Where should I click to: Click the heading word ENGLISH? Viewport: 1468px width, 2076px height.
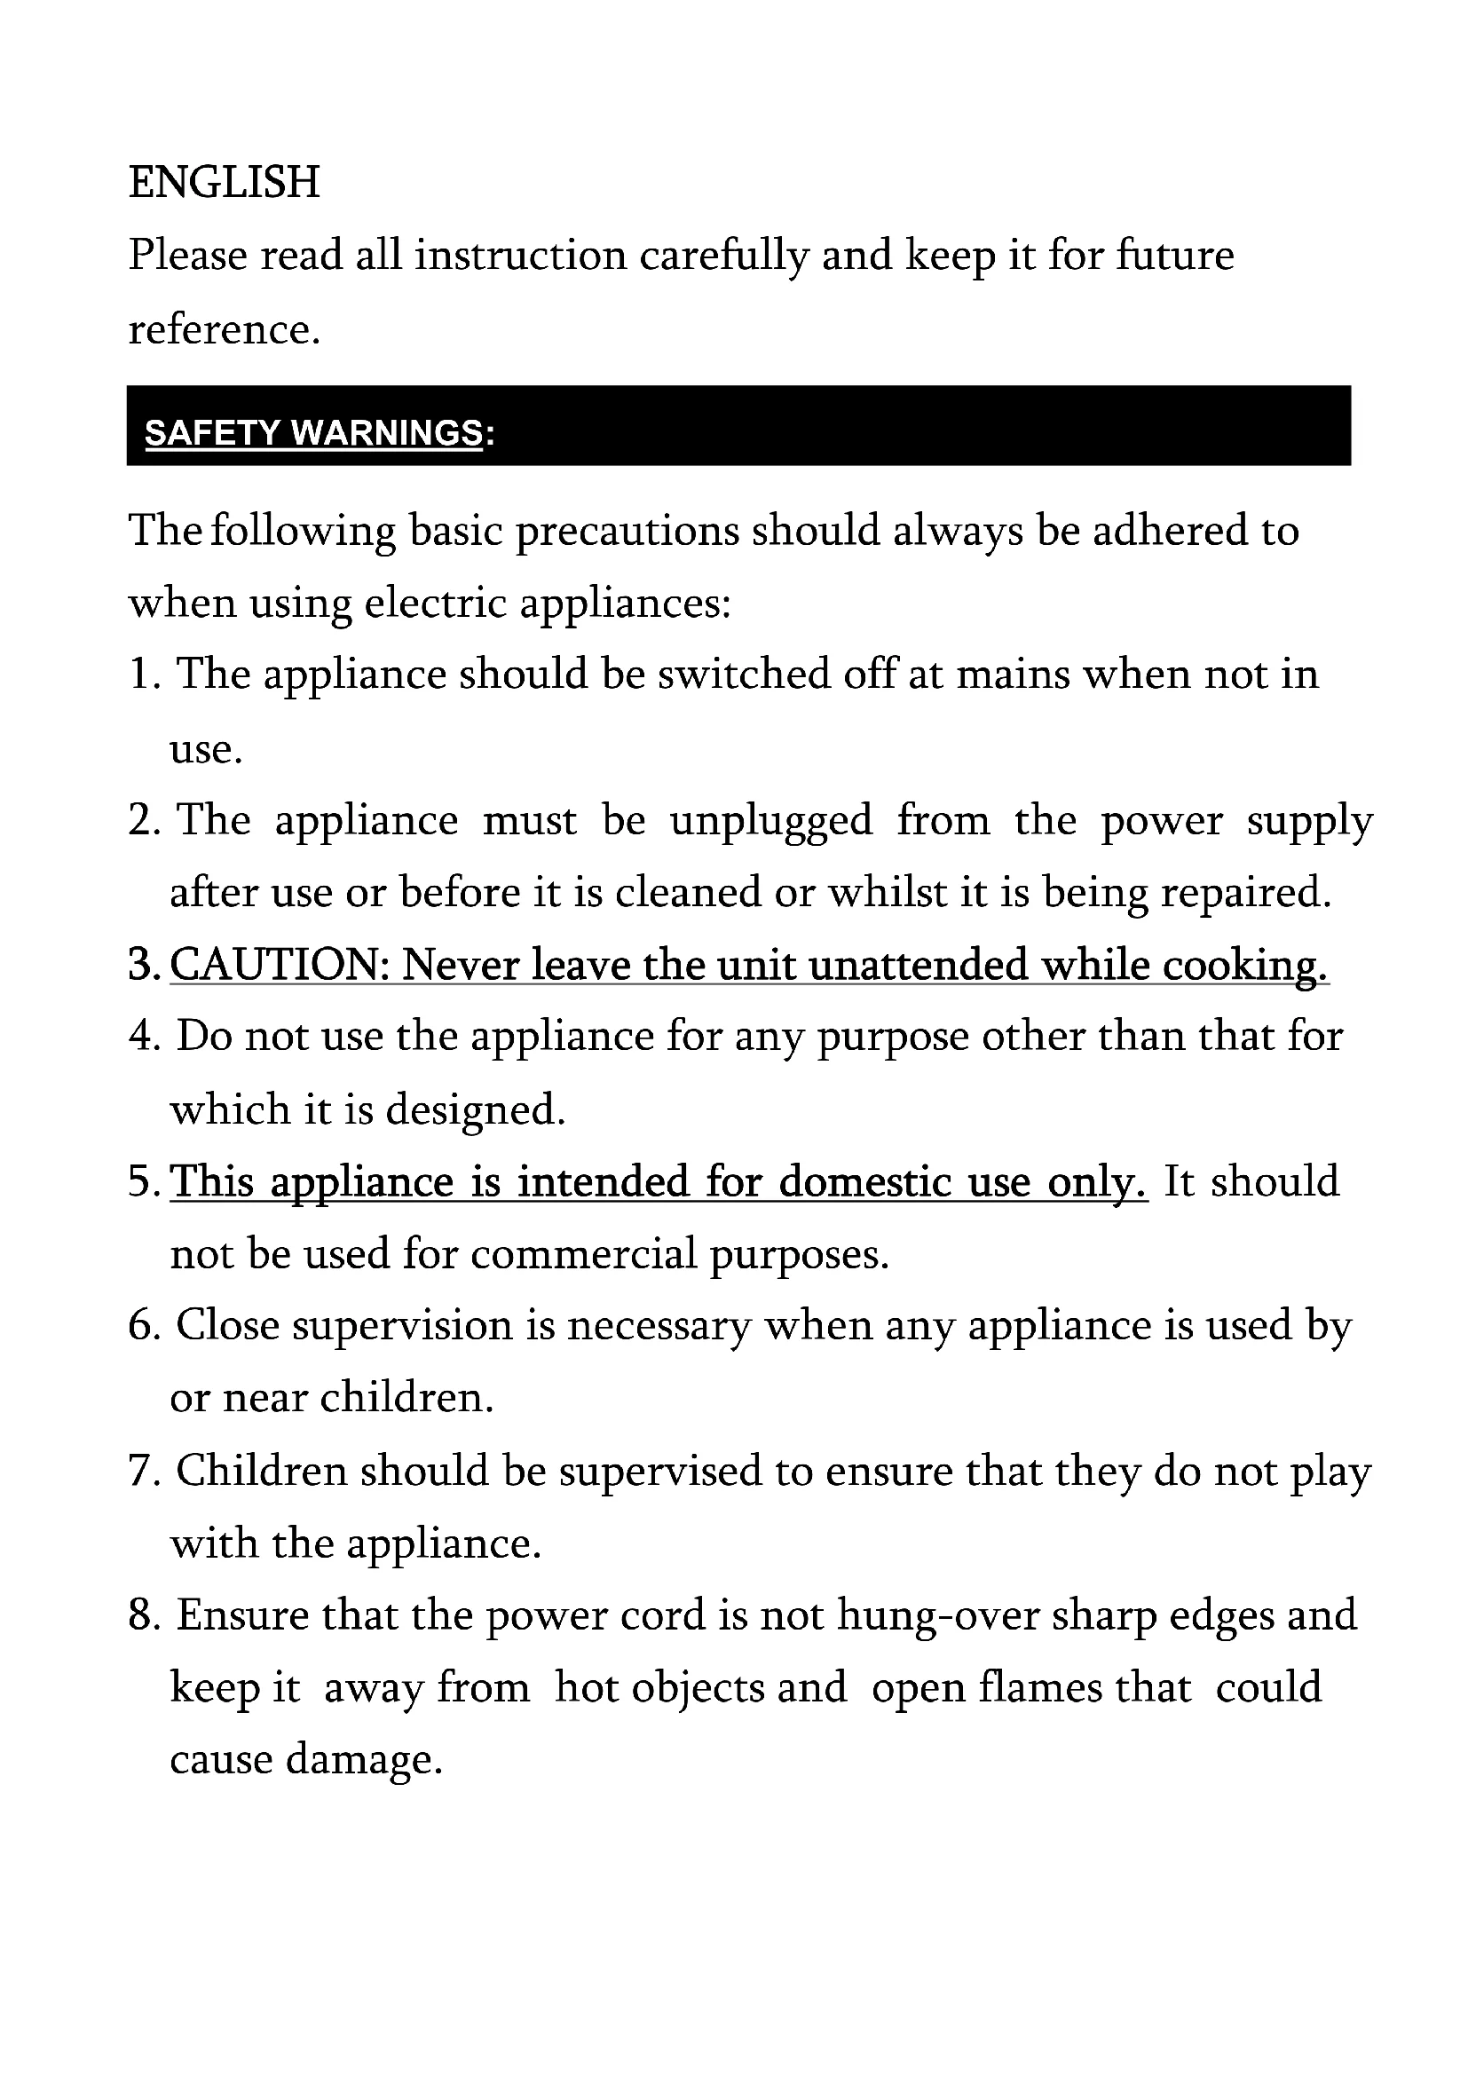pyautogui.click(x=225, y=183)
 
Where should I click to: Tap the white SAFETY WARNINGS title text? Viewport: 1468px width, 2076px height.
pyautogui.click(x=312, y=434)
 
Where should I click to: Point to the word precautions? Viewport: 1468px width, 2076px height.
pyautogui.click(x=627, y=531)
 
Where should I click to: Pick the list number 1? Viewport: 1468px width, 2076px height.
pyautogui.click(x=141, y=675)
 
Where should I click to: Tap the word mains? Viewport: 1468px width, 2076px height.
pyautogui.click(x=1013, y=675)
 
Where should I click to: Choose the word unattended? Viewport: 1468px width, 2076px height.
pyautogui.click(x=918, y=966)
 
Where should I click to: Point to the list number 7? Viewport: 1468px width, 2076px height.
pyautogui.click(x=141, y=1472)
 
